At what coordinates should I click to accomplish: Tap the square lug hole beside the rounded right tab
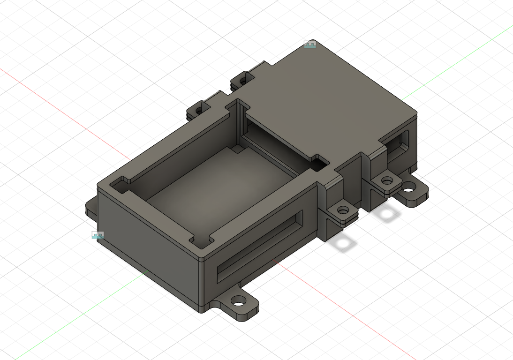click(387, 180)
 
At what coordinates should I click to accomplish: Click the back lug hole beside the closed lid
click(242, 81)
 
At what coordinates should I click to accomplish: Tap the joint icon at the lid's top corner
click(310, 45)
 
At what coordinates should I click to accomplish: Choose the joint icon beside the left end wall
click(98, 235)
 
